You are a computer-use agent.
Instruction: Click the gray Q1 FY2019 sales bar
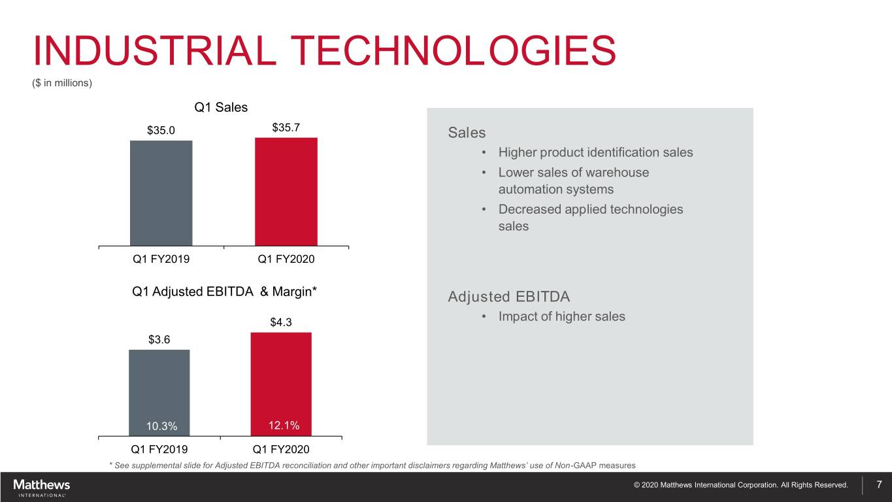tap(161, 193)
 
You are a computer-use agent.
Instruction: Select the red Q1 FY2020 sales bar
tap(286, 192)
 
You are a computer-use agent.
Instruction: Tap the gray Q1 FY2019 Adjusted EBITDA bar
tap(159, 386)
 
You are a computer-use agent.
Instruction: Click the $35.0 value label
tap(161, 130)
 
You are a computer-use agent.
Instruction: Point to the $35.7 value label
tap(286, 127)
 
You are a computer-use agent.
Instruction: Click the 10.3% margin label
tap(161, 426)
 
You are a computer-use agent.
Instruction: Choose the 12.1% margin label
tap(284, 426)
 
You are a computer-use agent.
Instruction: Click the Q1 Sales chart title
tap(221, 107)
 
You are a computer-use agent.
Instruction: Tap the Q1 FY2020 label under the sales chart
tap(286, 259)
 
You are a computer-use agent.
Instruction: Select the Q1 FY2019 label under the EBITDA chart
tap(159, 449)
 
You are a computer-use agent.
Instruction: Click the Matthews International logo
tap(42, 486)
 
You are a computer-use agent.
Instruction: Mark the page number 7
tap(879, 484)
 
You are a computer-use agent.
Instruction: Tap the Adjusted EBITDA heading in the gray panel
tap(508, 297)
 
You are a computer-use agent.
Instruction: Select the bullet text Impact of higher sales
tap(561, 316)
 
